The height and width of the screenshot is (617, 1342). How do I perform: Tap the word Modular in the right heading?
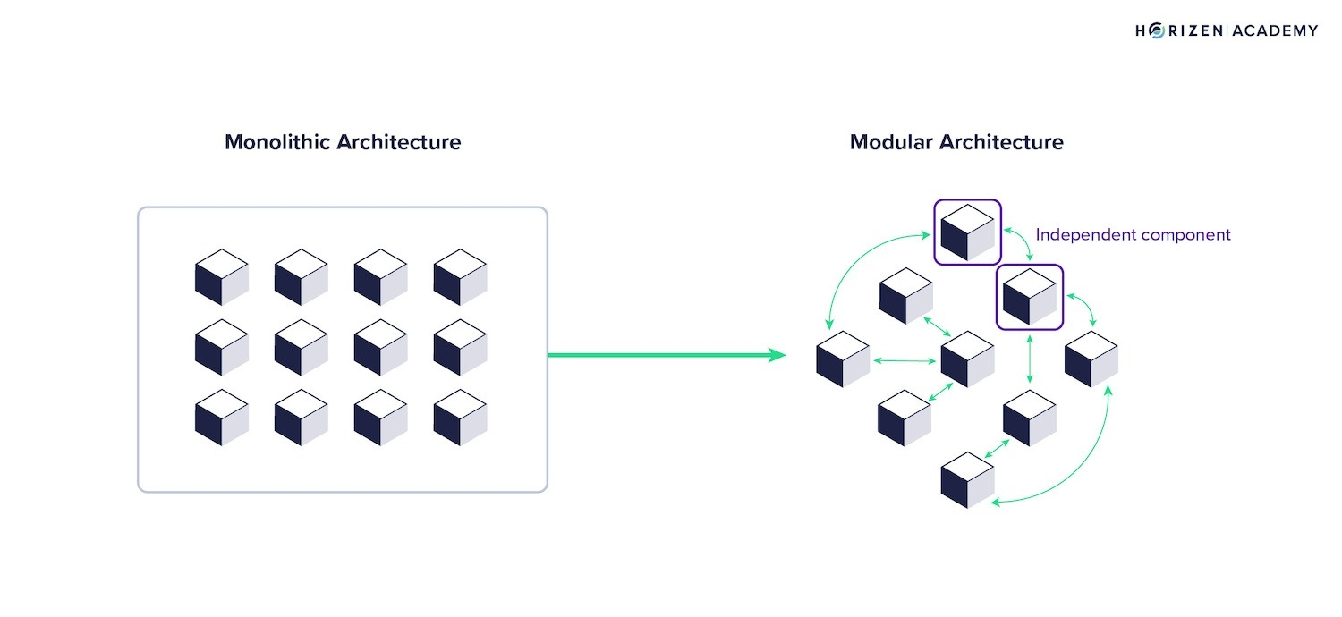click(x=891, y=142)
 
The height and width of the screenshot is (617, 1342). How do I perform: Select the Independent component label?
click(x=1133, y=235)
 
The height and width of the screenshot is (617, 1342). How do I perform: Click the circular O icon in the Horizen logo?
click(x=1156, y=30)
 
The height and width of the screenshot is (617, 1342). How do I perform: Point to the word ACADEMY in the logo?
click(x=1276, y=30)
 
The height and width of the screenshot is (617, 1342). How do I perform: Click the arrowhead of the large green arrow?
click(x=777, y=355)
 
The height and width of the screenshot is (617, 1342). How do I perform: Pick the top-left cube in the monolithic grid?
click(x=222, y=276)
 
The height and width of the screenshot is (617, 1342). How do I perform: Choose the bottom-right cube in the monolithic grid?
click(x=460, y=417)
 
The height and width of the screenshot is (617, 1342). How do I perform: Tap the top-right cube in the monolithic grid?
click(x=460, y=276)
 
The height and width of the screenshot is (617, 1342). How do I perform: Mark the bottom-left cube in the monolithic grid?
click(x=222, y=417)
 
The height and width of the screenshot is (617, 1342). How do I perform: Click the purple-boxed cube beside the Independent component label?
click(x=967, y=232)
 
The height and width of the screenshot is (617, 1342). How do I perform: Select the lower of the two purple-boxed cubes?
click(x=1029, y=297)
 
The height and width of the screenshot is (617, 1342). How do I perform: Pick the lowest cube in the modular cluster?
click(x=967, y=480)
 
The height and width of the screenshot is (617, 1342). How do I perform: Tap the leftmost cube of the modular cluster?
click(x=843, y=359)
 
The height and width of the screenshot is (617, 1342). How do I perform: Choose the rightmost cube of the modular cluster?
click(x=1091, y=359)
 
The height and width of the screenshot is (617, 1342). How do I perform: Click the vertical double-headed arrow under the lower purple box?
click(x=1030, y=359)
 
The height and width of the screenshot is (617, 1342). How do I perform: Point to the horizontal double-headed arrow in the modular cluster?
click(x=905, y=360)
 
